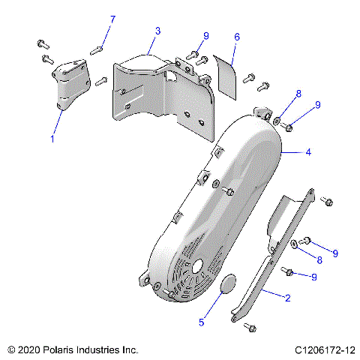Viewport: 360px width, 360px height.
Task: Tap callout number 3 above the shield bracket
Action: coord(158,31)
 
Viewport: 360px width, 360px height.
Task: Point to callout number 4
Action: coord(307,152)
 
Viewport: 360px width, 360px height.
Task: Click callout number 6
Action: coord(237,36)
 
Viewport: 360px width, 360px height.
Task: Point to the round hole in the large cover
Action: coord(198,265)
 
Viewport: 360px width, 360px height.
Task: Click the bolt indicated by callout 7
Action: coord(96,50)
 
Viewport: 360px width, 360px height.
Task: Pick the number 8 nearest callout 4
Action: coord(298,94)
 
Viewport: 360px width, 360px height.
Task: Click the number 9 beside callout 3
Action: coord(206,36)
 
